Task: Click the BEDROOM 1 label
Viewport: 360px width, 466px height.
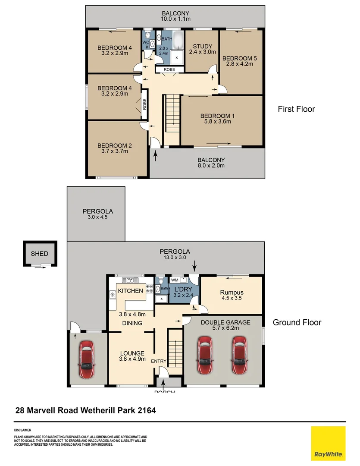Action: click(216, 116)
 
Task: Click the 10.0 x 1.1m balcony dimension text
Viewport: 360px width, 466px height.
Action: click(175, 19)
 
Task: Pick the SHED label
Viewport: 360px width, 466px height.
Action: click(39, 254)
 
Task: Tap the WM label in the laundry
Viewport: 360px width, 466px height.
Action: click(175, 280)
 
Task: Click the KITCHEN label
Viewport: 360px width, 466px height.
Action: click(131, 291)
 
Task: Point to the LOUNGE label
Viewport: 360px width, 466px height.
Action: click(132, 353)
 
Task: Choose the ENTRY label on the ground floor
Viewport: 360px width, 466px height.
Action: click(158, 361)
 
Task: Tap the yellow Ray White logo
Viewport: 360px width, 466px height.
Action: click(328, 444)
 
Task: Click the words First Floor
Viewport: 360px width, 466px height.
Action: click(296, 109)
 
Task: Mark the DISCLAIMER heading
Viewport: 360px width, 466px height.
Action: click(22, 430)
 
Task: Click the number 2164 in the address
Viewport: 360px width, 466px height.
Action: click(146, 410)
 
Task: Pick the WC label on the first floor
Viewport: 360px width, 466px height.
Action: click(145, 42)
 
